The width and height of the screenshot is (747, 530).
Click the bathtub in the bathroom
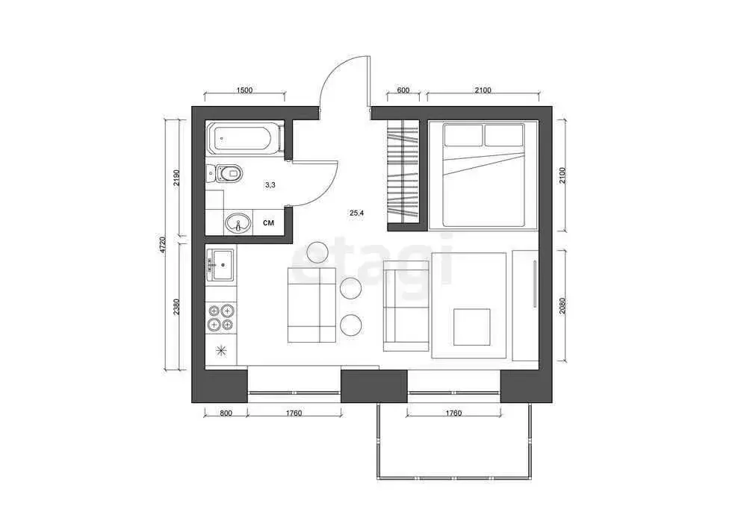tap(245, 139)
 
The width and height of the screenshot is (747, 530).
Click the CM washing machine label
tap(268, 222)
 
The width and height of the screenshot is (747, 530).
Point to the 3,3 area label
tap(270, 184)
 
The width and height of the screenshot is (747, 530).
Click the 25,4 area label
tap(356, 213)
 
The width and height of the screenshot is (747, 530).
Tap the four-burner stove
tap(222, 317)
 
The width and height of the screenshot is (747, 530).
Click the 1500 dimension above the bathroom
tap(244, 90)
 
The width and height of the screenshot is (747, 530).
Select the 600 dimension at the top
tap(403, 90)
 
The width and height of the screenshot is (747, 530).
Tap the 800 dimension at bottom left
tap(226, 413)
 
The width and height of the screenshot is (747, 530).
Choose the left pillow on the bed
tap(463, 135)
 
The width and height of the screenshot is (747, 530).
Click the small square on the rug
tap(473, 327)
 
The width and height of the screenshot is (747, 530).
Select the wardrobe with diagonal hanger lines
tap(404, 173)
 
